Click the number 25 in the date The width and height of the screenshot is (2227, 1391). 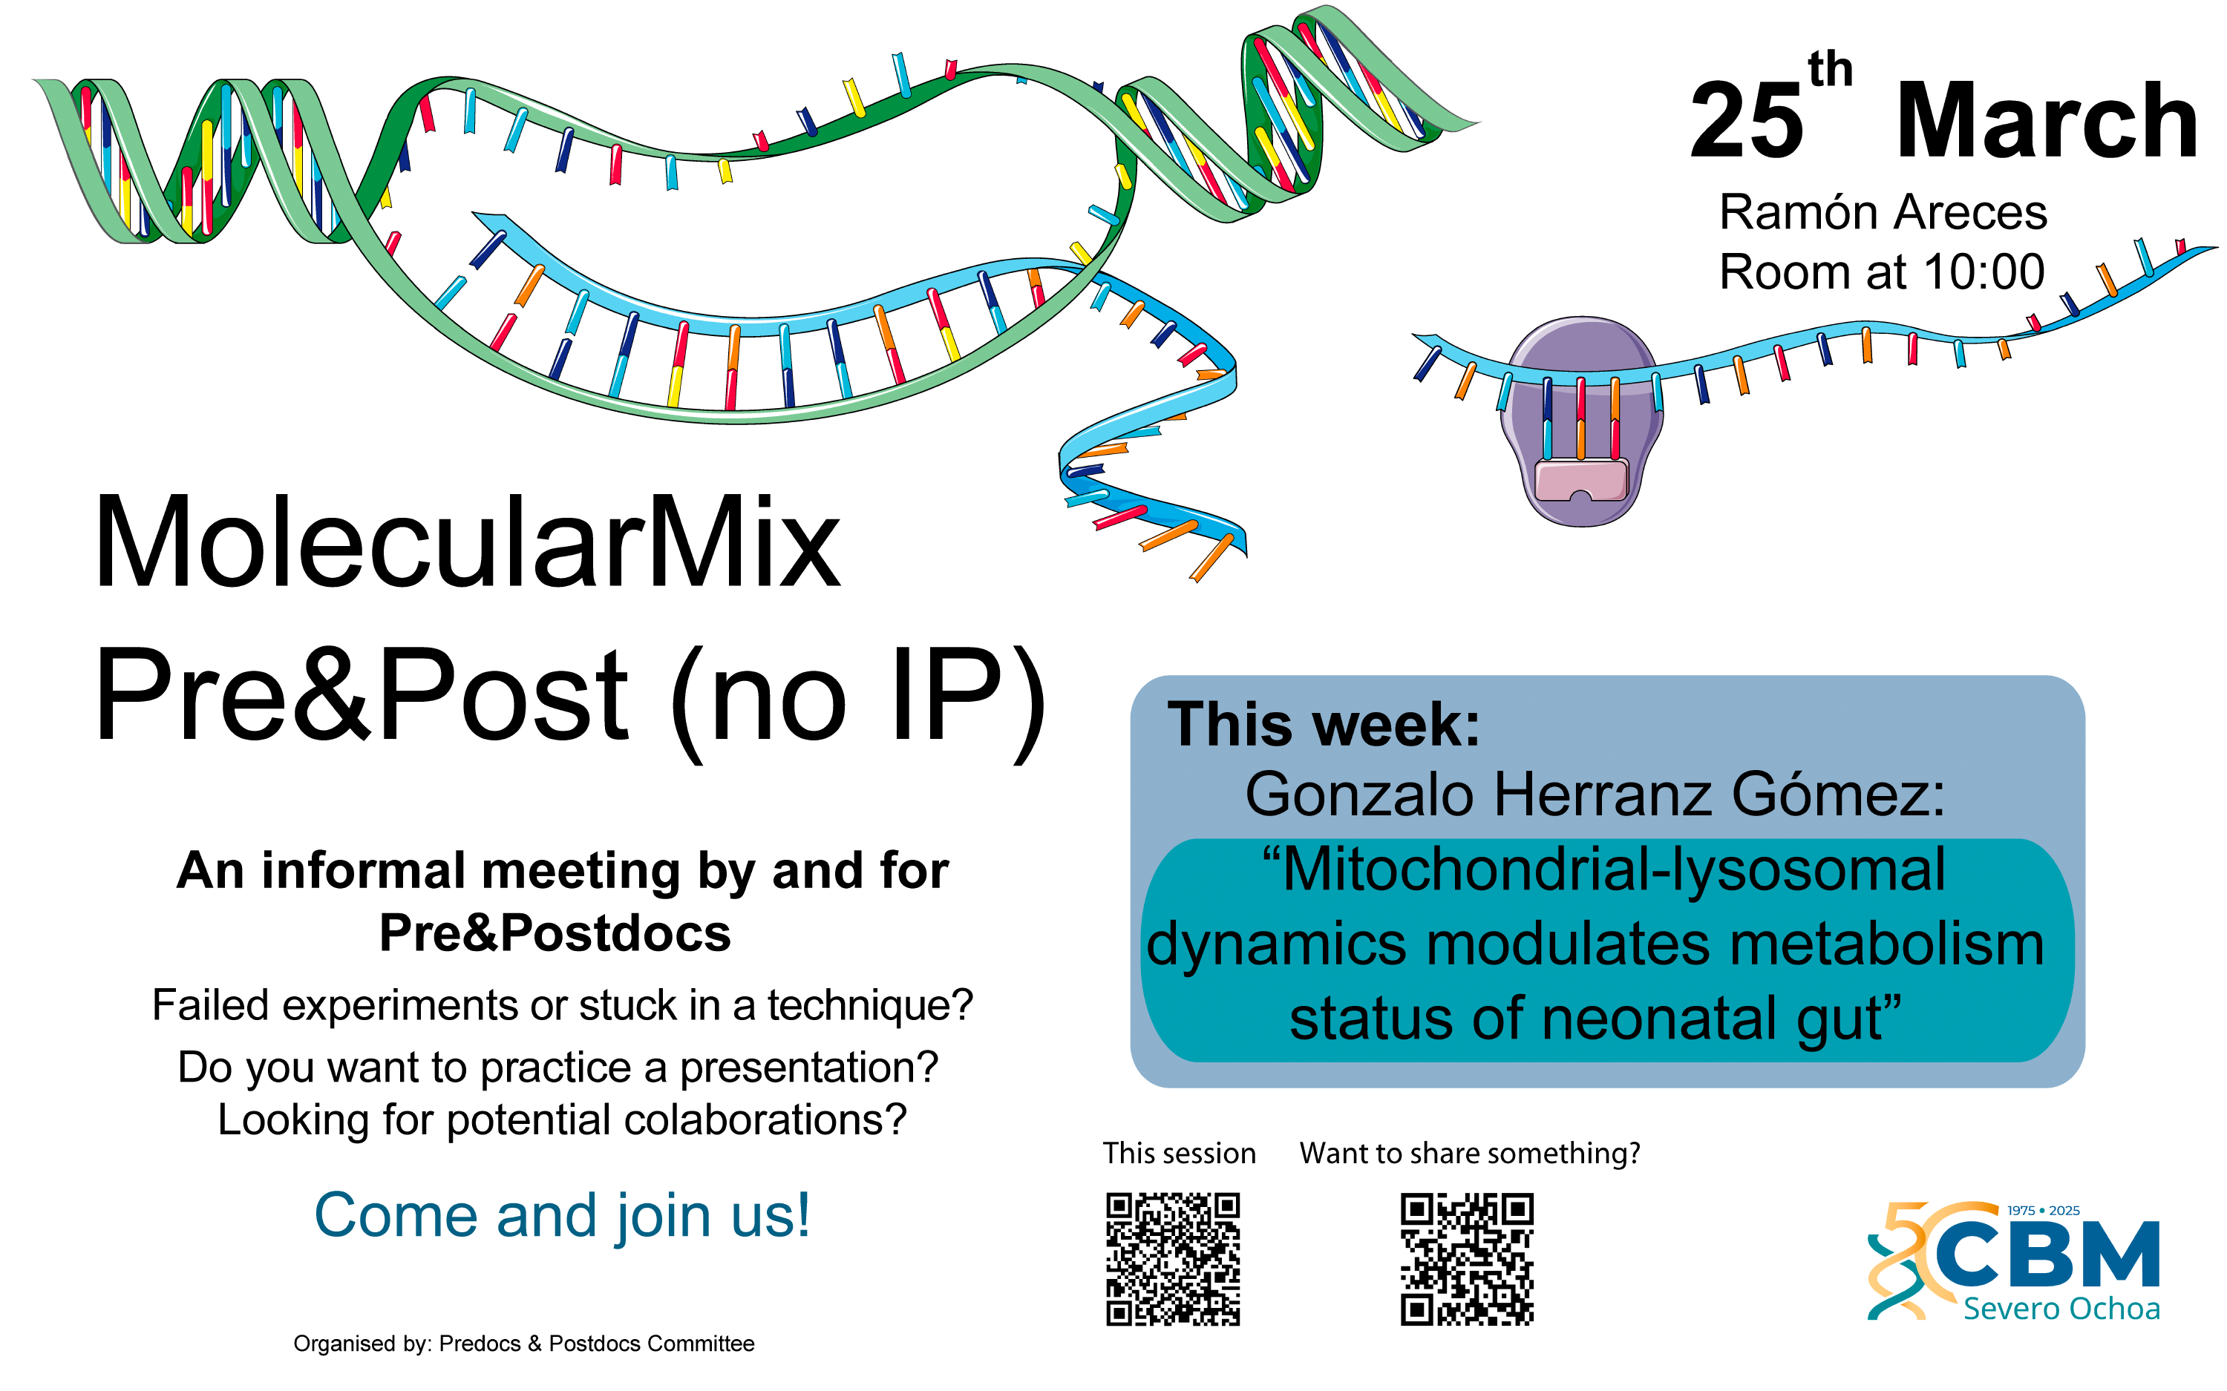click(1746, 119)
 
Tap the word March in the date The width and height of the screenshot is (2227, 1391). click(2047, 119)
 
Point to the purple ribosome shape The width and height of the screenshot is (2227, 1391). click(1581, 421)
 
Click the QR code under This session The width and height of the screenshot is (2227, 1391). click(1172, 1258)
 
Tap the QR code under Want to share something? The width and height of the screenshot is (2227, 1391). click(1467, 1258)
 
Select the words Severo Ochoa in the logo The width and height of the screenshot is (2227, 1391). click(2061, 1308)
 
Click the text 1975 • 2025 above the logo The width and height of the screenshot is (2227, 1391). click(2043, 1211)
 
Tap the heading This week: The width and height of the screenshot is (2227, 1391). click(1324, 725)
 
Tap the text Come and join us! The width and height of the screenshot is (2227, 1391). click(562, 1215)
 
